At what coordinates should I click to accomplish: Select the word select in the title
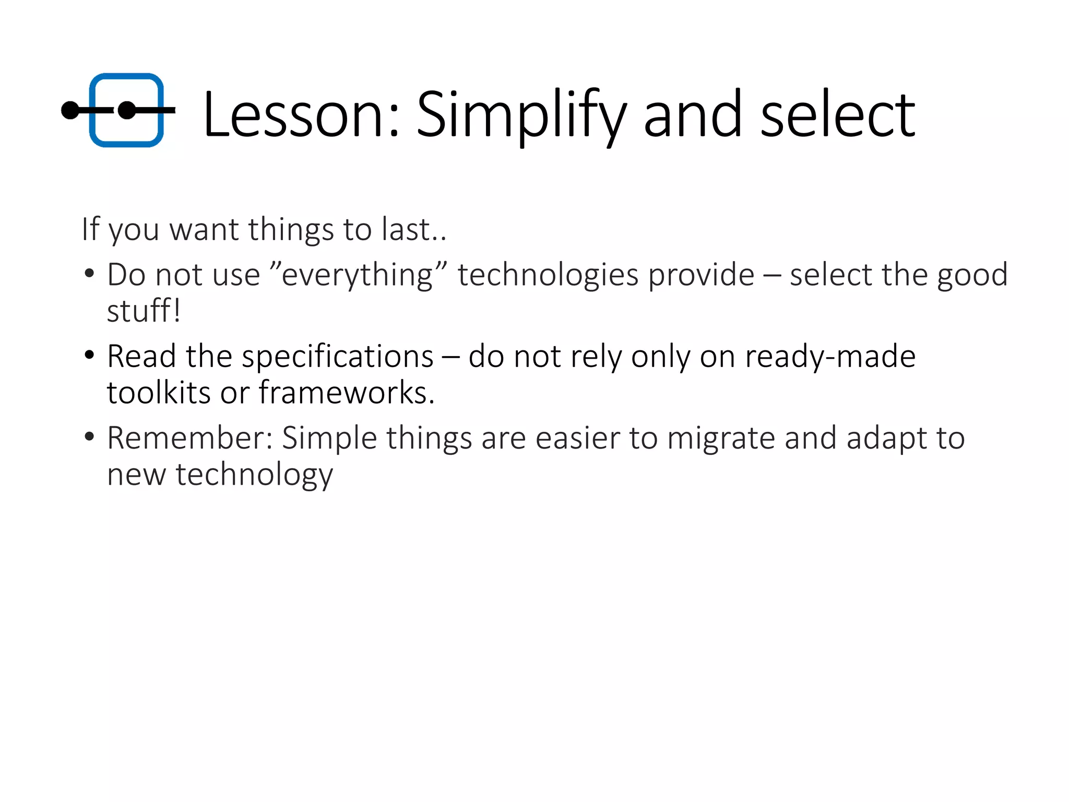click(x=837, y=114)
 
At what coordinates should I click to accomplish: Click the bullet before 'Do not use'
click(x=89, y=273)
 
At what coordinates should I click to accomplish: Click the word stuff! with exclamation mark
click(x=144, y=311)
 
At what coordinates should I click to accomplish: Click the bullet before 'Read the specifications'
click(x=89, y=355)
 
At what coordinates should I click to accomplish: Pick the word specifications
click(x=337, y=357)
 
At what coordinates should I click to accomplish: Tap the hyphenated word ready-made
click(x=830, y=357)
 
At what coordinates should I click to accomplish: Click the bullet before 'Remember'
click(x=89, y=437)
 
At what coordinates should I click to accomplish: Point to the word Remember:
click(x=190, y=438)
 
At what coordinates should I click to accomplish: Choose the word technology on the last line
click(x=254, y=475)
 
